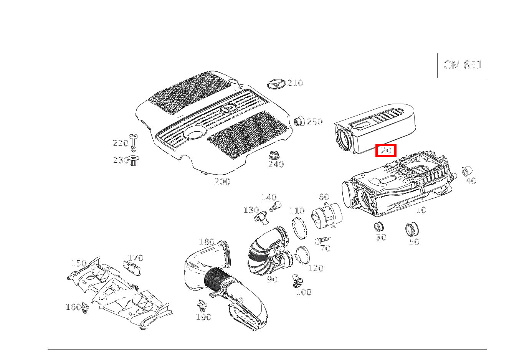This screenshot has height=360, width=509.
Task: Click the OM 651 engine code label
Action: click(x=462, y=65)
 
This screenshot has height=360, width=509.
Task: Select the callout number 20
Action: click(x=385, y=151)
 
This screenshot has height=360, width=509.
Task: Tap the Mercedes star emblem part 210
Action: click(x=276, y=84)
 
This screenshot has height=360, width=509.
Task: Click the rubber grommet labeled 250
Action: click(x=299, y=121)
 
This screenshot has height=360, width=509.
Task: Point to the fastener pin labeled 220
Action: click(x=133, y=142)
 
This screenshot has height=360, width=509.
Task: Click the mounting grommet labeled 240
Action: click(x=274, y=155)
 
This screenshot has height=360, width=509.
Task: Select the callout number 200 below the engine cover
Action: click(x=222, y=182)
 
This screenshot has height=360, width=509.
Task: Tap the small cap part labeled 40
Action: click(x=466, y=172)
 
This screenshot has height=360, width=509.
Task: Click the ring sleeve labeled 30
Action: click(x=379, y=227)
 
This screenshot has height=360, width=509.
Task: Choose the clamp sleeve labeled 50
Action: click(x=411, y=230)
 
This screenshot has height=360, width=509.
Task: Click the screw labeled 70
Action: click(x=319, y=241)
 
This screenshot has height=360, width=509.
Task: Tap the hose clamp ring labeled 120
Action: click(x=303, y=255)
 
